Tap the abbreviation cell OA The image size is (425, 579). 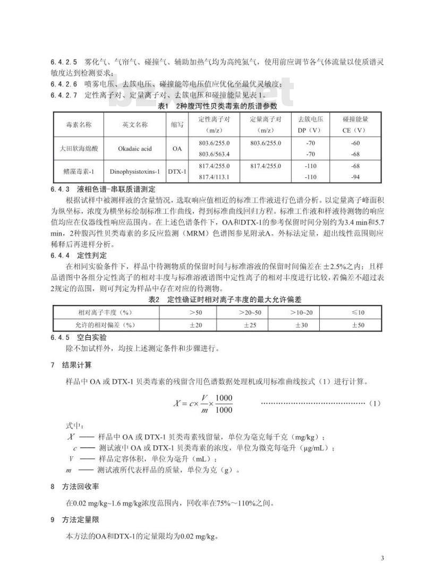point(177,148)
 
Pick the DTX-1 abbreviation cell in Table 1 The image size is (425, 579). point(177,172)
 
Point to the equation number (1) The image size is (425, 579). point(374,403)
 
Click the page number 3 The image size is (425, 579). point(382,558)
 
